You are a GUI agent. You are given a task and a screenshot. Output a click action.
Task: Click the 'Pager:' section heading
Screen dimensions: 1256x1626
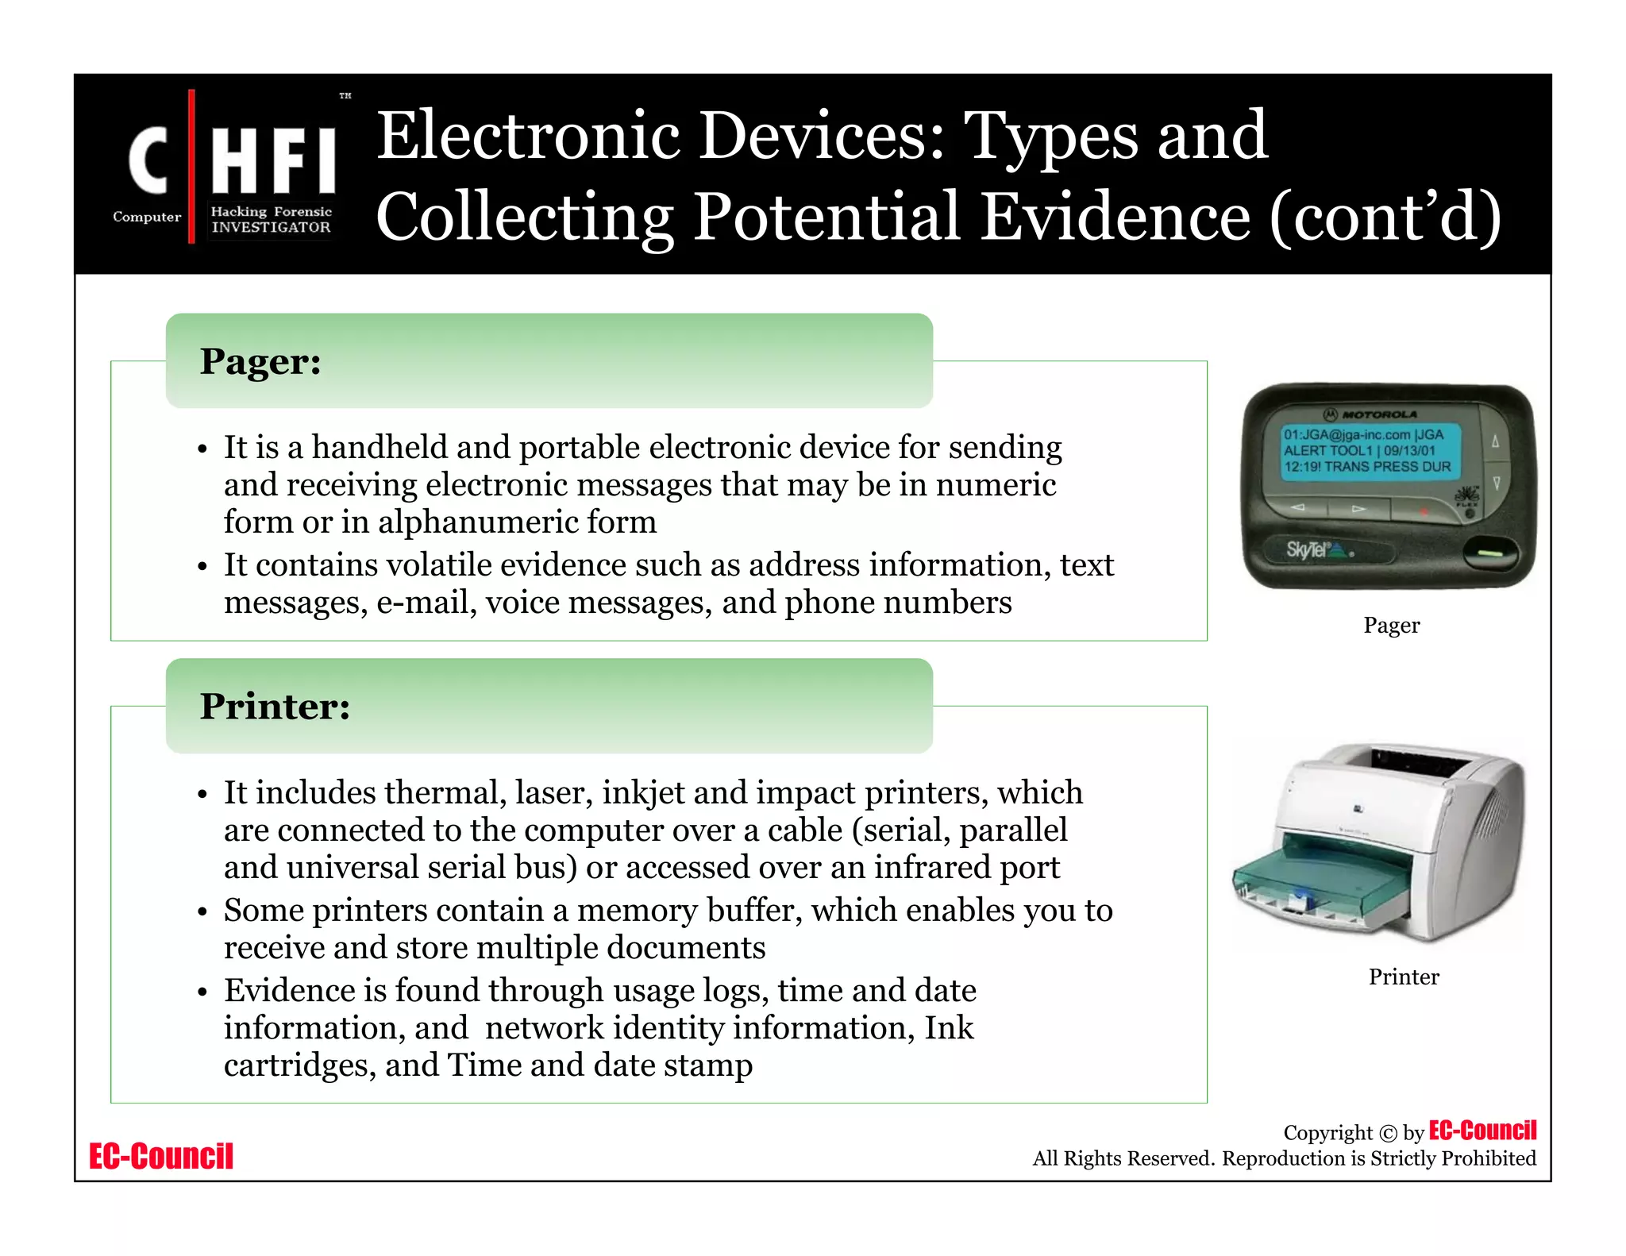260,362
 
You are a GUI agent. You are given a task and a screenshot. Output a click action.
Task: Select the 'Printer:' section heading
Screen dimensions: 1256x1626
275,707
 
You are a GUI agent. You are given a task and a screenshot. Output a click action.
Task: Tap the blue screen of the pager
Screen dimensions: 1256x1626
1367,451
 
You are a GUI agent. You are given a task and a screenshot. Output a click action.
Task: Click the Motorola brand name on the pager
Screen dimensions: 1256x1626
1378,414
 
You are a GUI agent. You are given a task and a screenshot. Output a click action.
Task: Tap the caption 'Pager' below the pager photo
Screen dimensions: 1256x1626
1391,626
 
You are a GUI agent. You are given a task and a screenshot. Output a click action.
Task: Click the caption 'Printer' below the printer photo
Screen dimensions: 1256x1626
1403,977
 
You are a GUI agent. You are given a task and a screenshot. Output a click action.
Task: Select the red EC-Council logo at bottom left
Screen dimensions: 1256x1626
161,1156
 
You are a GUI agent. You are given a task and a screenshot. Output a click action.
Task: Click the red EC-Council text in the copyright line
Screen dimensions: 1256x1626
1482,1131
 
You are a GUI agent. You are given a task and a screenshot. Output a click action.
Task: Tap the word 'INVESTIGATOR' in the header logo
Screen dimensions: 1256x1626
271,227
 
